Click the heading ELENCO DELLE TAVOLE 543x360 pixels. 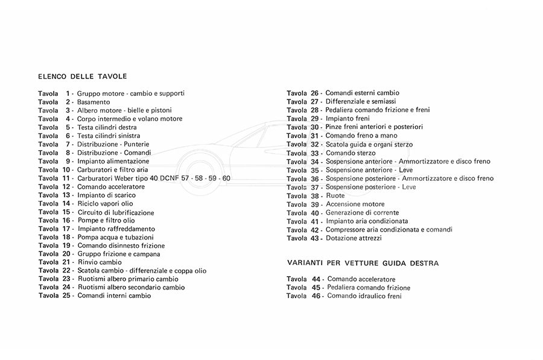coord(82,77)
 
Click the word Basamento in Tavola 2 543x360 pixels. coord(94,103)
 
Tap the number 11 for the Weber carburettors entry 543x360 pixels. coord(67,178)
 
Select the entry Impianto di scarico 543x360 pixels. coord(106,195)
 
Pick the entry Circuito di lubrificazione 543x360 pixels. coord(116,212)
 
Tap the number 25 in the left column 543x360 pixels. coord(67,296)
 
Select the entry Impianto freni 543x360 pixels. coord(348,119)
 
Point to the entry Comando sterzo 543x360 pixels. coord(350,153)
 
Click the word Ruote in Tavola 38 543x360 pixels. coord(335,196)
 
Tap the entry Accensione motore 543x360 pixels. coord(355,204)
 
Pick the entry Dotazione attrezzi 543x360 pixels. coord(354,238)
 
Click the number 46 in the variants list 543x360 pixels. coord(316,296)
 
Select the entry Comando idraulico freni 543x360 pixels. coord(364,296)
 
